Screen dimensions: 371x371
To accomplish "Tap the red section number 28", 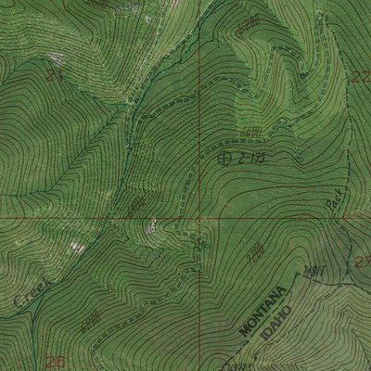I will [56, 360].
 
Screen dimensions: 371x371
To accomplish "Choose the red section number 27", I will [362, 263].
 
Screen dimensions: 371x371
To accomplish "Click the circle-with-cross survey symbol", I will [224, 159].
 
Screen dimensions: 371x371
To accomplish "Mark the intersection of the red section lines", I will [198, 219].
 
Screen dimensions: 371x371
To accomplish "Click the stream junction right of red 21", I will [139, 111].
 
